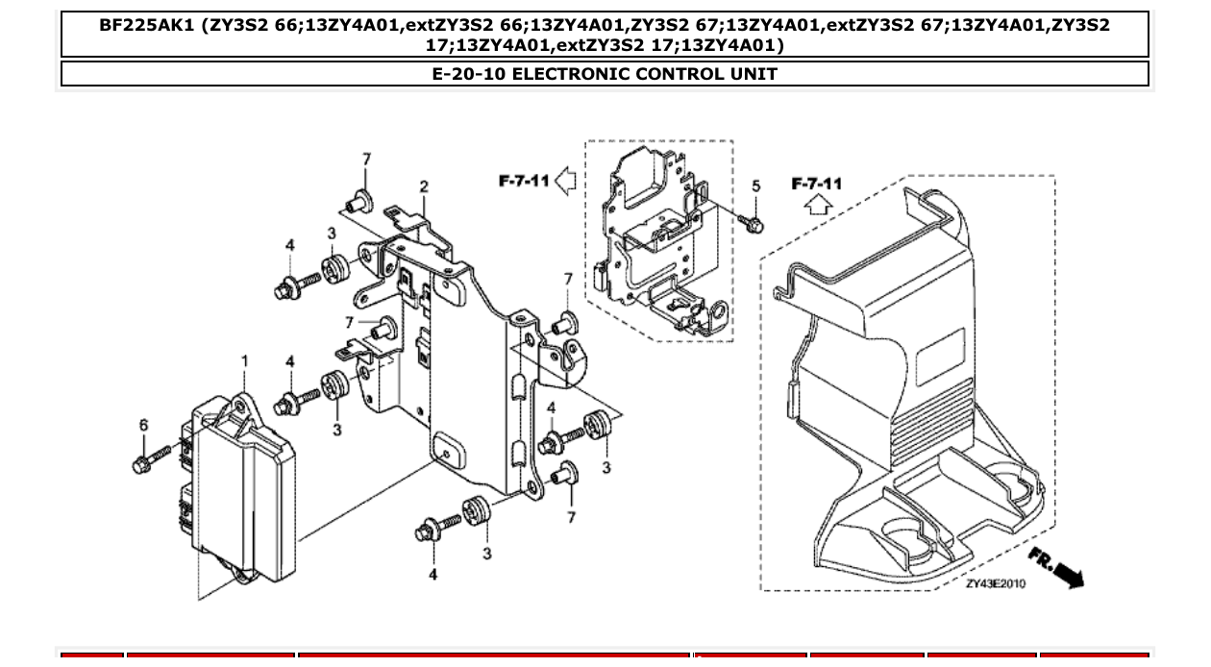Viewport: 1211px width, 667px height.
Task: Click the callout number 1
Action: [244, 361]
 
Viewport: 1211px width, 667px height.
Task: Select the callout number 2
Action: [424, 186]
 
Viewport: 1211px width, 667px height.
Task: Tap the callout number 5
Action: [755, 186]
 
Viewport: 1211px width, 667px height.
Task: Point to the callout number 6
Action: [144, 426]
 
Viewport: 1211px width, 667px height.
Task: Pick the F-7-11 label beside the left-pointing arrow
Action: [524, 180]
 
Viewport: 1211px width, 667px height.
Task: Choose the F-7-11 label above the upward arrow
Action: [816, 184]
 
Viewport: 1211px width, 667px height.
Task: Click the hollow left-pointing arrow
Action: [566, 180]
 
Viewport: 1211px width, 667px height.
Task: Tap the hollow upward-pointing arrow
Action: [817, 204]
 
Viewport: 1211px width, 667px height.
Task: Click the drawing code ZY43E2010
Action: [995, 583]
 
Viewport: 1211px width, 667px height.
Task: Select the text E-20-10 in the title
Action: [468, 74]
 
